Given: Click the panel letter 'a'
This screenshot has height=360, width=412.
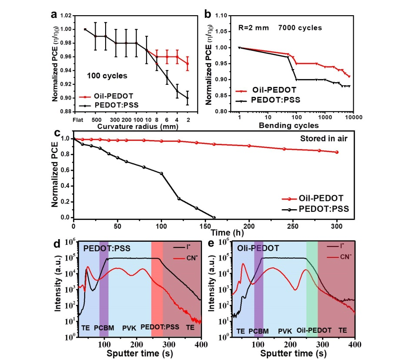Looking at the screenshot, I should [54, 14].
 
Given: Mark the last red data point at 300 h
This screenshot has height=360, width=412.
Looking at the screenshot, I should [337, 152].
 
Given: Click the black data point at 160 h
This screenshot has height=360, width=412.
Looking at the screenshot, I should [214, 217].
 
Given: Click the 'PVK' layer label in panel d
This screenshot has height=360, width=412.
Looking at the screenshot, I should [129, 327].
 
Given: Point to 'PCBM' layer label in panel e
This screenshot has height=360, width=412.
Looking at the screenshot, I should [258, 330].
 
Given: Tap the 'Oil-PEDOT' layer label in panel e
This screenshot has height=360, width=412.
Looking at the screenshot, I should [313, 330].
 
